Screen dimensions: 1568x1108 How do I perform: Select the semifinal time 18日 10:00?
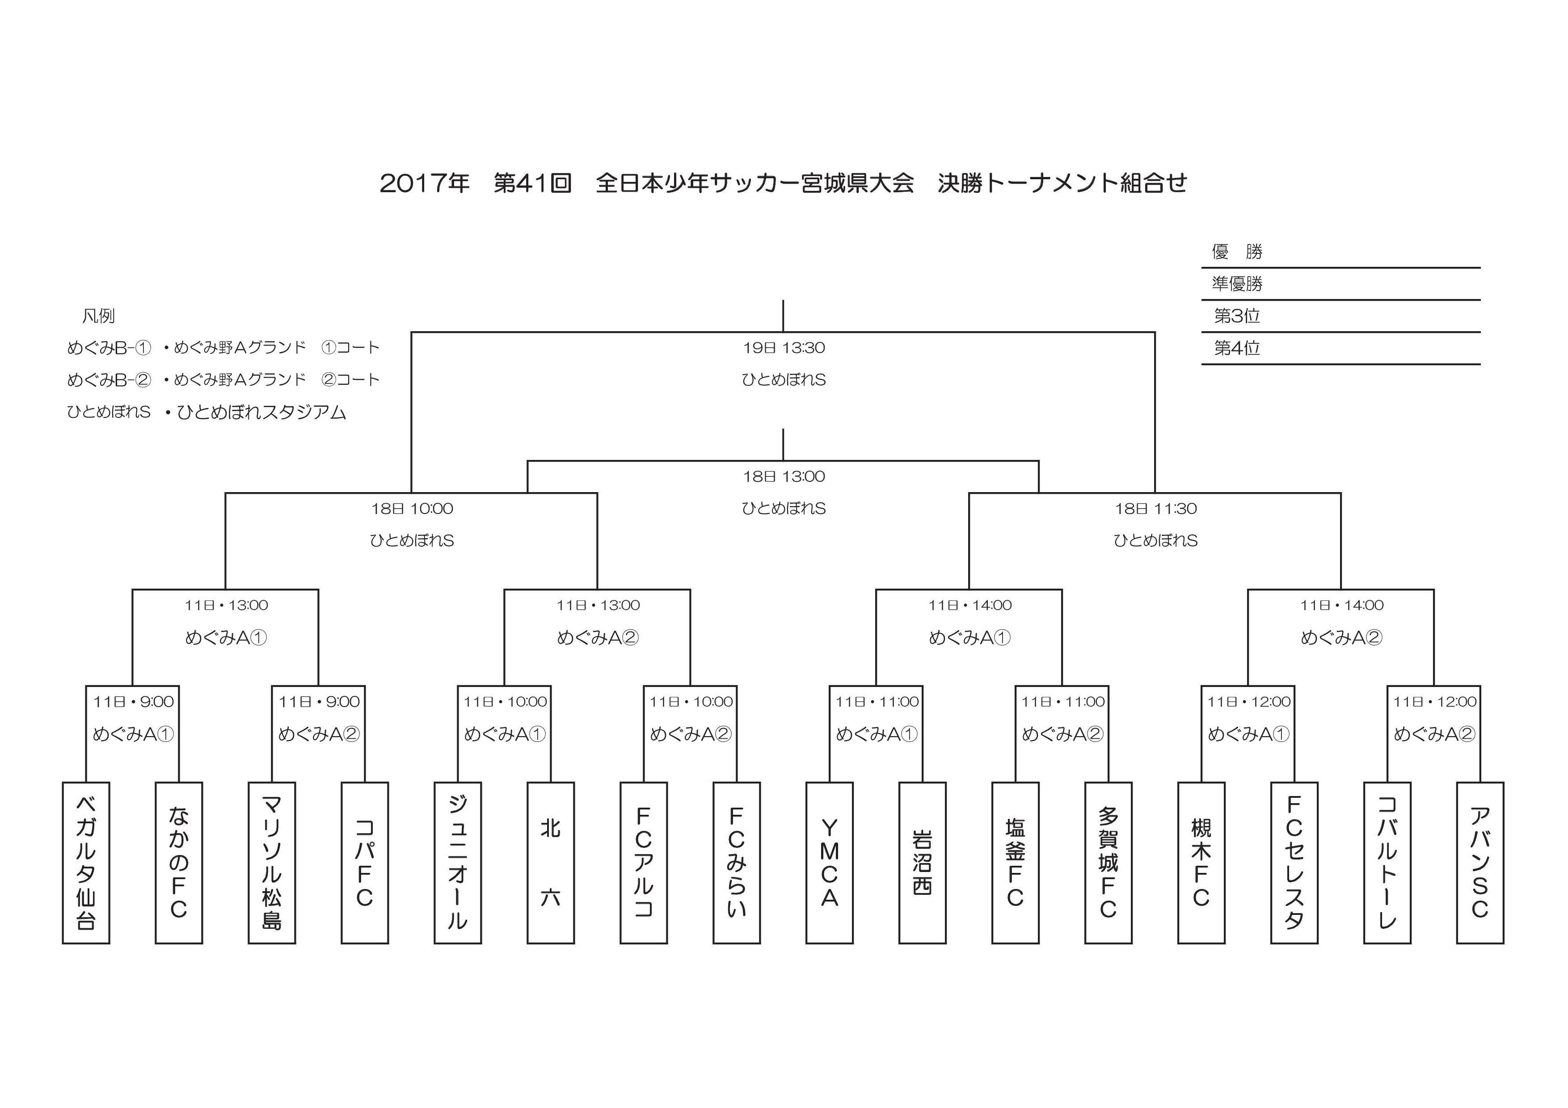tap(412, 509)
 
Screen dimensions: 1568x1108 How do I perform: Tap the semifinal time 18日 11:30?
tap(1155, 509)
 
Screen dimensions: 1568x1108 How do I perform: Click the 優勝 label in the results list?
tap(1237, 252)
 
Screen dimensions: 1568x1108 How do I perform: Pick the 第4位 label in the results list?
tap(1237, 348)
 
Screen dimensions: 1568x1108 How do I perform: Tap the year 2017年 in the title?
tap(424, 183)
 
